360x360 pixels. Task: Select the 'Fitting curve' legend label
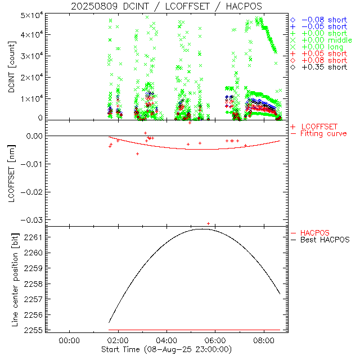coord(323,133)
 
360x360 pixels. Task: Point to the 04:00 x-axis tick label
coord(167,340)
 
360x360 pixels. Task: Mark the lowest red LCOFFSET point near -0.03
coord(209,223)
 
